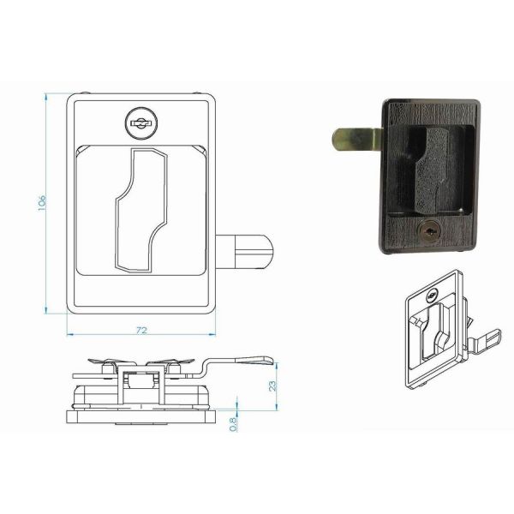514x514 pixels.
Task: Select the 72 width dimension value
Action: click(141, 330)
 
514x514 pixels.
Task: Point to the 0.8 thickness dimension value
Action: click(234, 421)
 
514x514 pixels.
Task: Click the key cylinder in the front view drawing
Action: click(139, 123)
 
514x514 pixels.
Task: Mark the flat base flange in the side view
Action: click(140, 418)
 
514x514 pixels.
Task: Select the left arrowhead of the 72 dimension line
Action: click(69, 334)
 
